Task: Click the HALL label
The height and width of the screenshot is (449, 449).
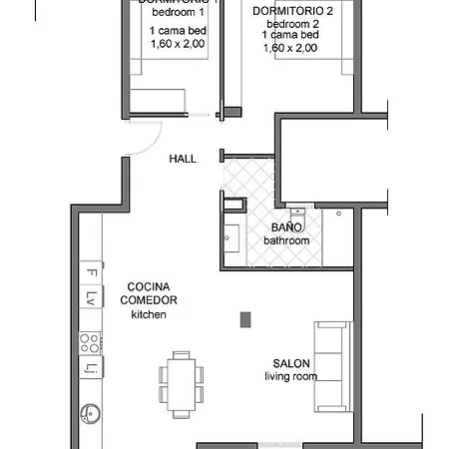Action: (x=183, y=159)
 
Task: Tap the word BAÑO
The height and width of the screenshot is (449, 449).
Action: (x=286, y=227)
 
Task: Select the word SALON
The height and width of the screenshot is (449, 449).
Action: (x=290, y=363)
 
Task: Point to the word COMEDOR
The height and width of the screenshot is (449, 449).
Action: (x=149, y=300)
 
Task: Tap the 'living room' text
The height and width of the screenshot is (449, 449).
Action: (x=290, y=376)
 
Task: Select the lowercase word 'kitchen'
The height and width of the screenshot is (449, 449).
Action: (x=149, y=314)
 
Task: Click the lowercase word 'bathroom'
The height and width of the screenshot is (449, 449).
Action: (x=286, y=240)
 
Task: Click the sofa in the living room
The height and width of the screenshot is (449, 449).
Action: (x=332, y=365)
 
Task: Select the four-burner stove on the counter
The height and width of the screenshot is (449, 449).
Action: (x=90, y=343)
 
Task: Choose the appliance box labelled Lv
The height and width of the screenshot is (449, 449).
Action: (x=90, y=297)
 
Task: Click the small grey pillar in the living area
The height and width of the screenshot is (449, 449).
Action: (x=244, y=319)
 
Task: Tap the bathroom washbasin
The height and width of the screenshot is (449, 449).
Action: (x=230, y=236)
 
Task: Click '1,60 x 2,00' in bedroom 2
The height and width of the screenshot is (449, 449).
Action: (x=290, y=48)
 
